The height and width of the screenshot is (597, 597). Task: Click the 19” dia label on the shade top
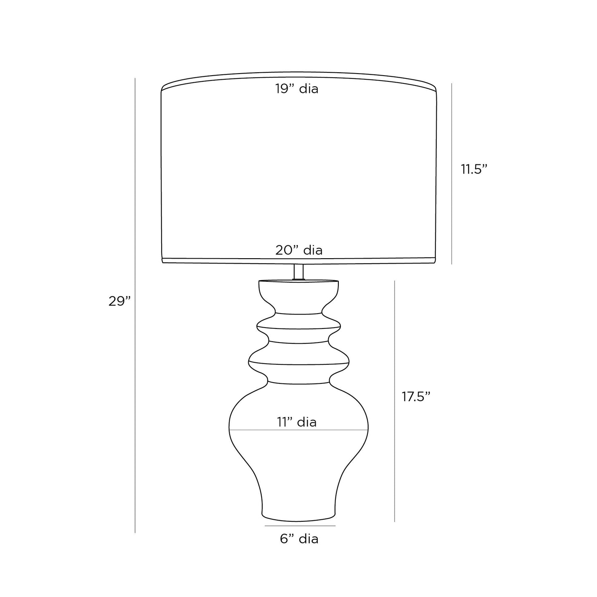pyautogui.click(x=297, y=89)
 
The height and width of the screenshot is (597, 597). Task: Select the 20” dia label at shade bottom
pyautogui.click(x=299, y=250)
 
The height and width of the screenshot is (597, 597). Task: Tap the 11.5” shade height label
pyautogui.click(x=474, y=169)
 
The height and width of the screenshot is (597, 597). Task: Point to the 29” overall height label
pyautogui.click(x=119, y=301)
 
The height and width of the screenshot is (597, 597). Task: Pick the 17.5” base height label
pyautogui.click(x=416, y=397)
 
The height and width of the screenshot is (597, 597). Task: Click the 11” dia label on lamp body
pyautogui.click(x=297, y=422)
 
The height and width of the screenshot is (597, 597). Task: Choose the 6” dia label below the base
pyautogui.click(x=299, y=539)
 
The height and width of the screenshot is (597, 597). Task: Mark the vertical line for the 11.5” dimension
pyautogui.click(x=452, y=174)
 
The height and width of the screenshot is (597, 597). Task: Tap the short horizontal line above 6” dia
pyautogui.click(x=300, y=526)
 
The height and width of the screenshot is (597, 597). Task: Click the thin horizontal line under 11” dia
pyautogui.click(x=298, y=430)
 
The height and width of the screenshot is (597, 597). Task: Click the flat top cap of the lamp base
pyautogui.click(x=299, y=283)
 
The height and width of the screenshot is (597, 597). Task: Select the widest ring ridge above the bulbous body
pyautogui.click(x=299, y=363)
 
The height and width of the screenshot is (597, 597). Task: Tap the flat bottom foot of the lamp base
pyautogui.click(x=298, y=516)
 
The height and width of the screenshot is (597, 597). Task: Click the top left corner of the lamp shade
pyautogui.click(x=162, y=88)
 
